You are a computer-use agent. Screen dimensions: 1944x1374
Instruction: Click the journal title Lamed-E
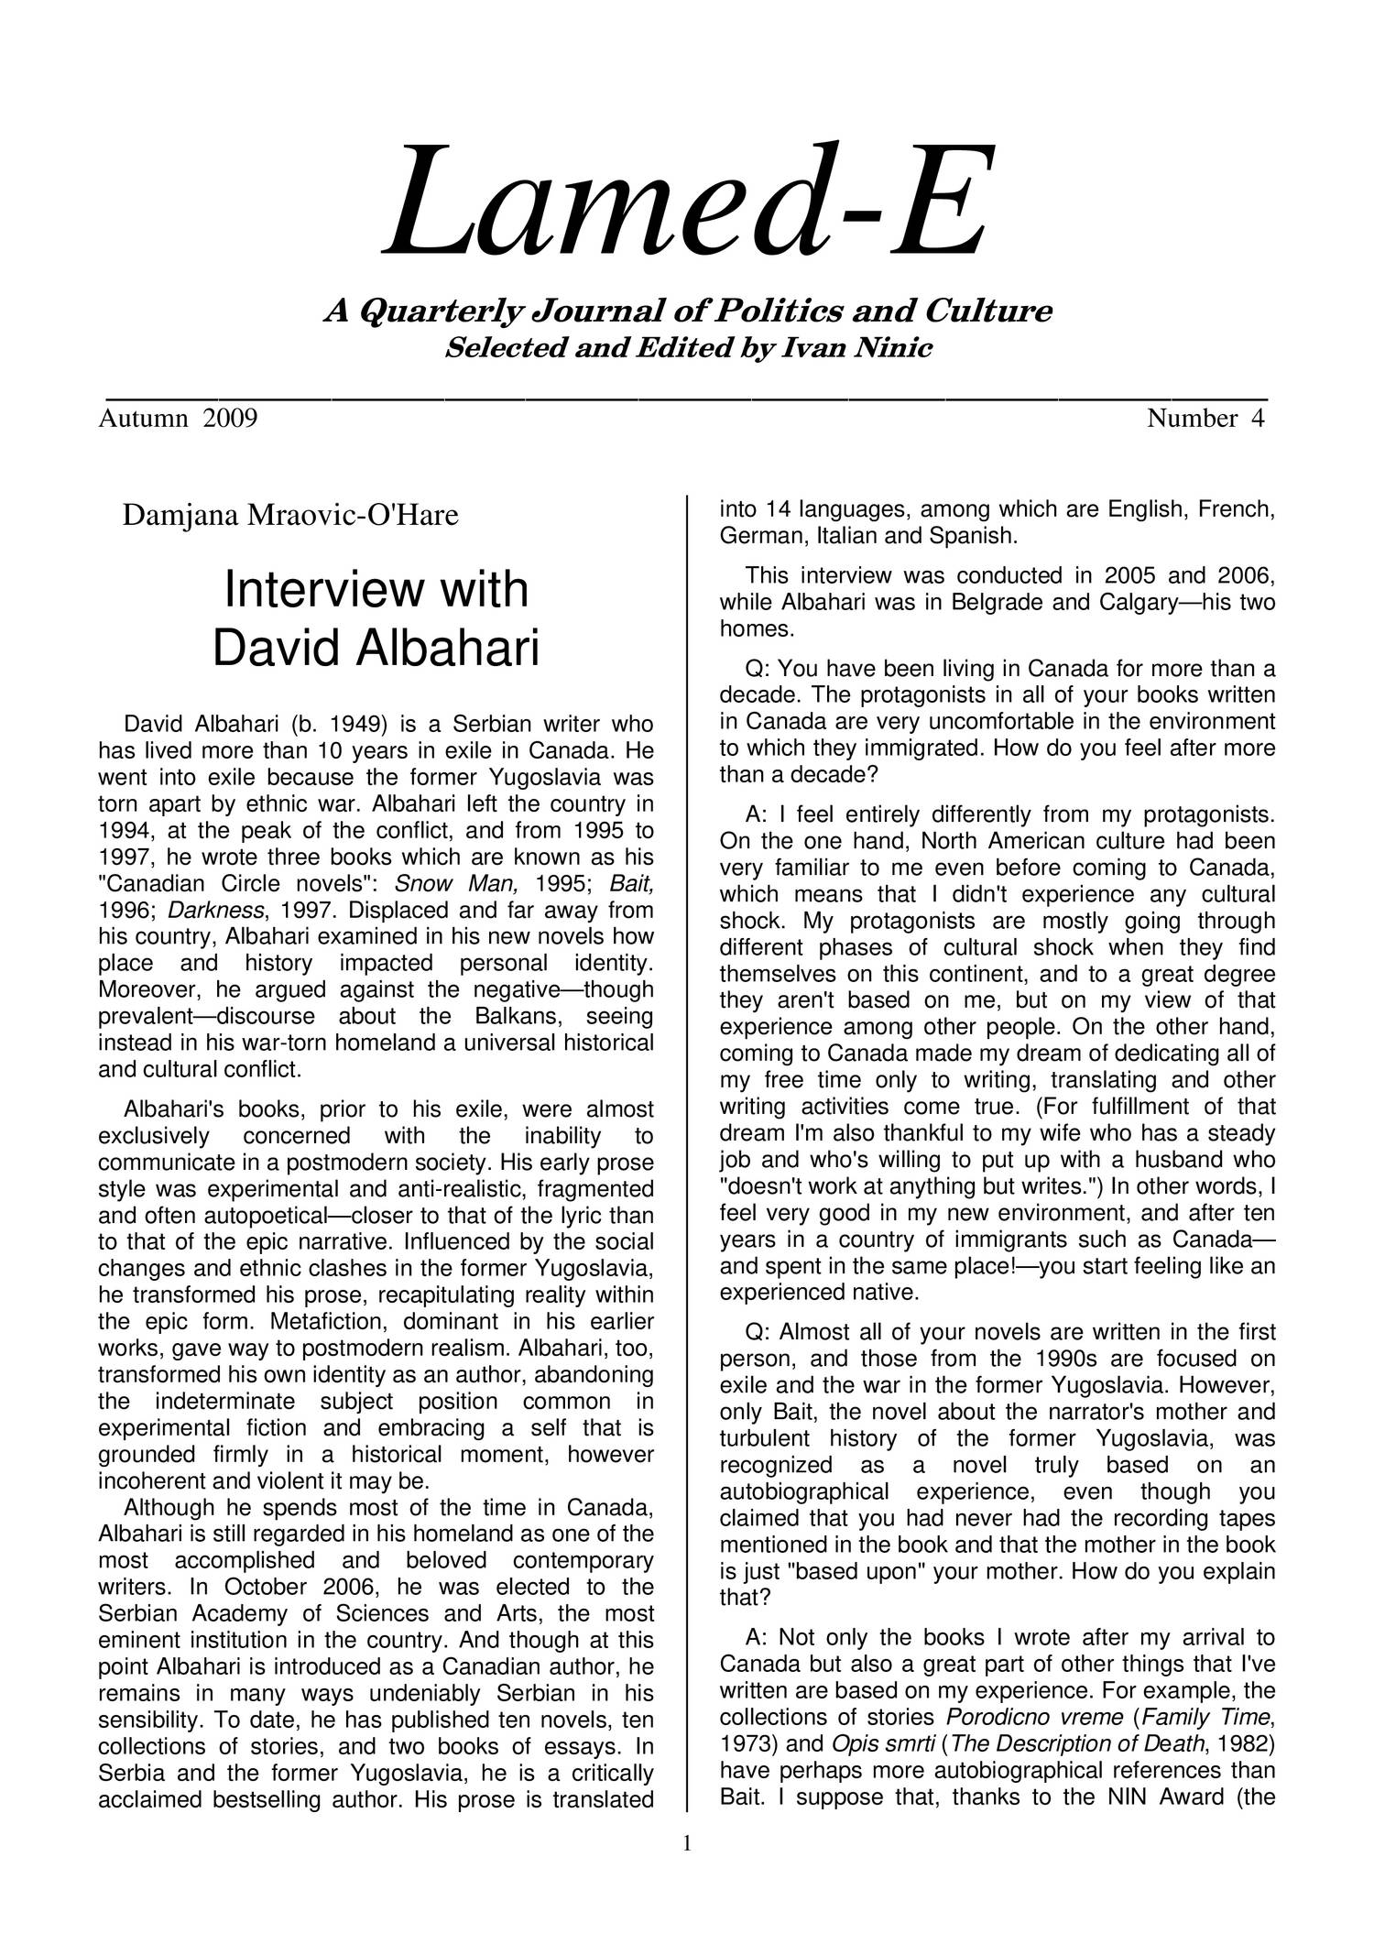688,202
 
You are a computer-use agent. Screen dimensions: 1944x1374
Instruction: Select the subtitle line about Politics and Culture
688,312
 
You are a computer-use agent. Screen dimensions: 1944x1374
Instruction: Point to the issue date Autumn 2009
178,419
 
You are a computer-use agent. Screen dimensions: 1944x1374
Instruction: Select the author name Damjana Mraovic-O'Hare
290,516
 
